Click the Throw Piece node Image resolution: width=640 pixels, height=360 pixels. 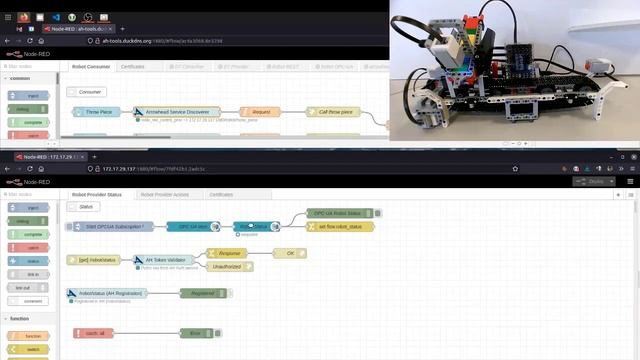[98, 113]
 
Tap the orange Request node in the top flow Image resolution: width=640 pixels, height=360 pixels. [259, 113]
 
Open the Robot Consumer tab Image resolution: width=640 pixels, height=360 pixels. [91, 67]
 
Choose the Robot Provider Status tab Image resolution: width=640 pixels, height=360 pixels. [97, 194]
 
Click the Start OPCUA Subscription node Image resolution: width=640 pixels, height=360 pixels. [110, 228]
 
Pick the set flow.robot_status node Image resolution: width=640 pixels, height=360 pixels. [341, 227]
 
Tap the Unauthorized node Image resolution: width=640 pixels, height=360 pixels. [228, 267]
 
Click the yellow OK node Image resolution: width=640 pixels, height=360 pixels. [289, 254]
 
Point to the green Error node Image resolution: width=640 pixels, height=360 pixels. [197, 332]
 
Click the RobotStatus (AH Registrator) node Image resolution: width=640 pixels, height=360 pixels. [106, 294]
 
